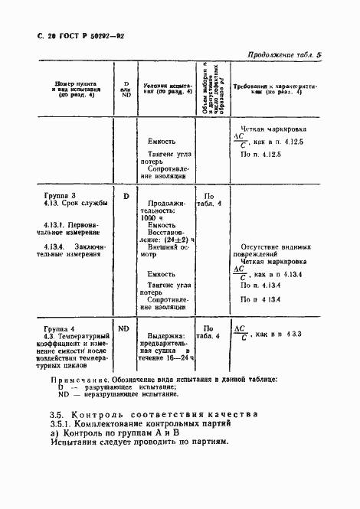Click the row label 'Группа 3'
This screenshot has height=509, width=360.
coord(61,196)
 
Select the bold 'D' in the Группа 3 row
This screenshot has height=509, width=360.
coord(125,196)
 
